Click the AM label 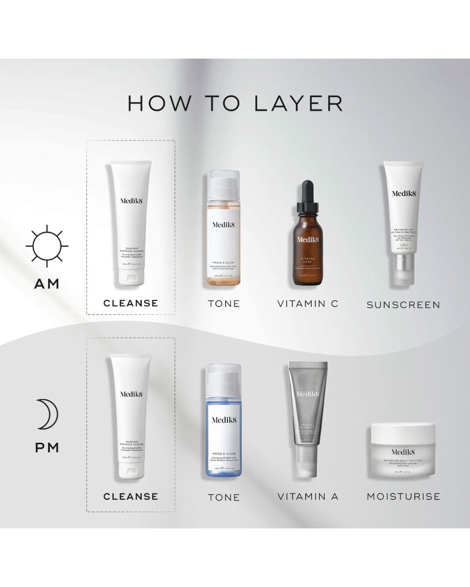tap(47, 284)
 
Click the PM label tap(47, 448)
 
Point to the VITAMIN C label tap(307, 304)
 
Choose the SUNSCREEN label tap(403, 305)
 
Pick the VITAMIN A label tap(307, 497)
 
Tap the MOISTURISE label tap(403, 496)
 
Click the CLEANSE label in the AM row tap(131, 303)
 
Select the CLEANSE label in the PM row tap(131, 497)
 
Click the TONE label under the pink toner tap(224, 304)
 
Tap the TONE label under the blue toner tap(224, 497)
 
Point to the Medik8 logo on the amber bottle tap(308, 240)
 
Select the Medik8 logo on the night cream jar tap(403, 452)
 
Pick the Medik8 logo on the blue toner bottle tap(224, 420)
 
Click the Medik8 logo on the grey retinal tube tap(308, 394)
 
